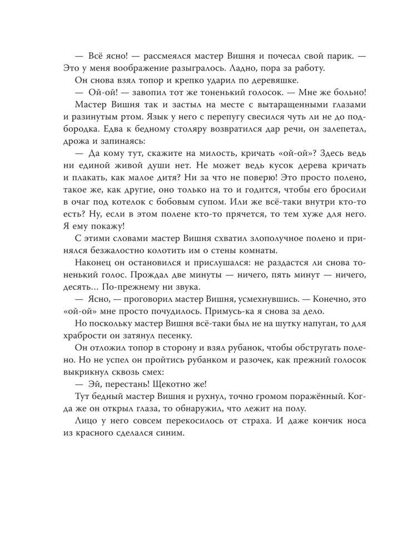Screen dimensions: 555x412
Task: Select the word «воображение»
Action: pos(141,69)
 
